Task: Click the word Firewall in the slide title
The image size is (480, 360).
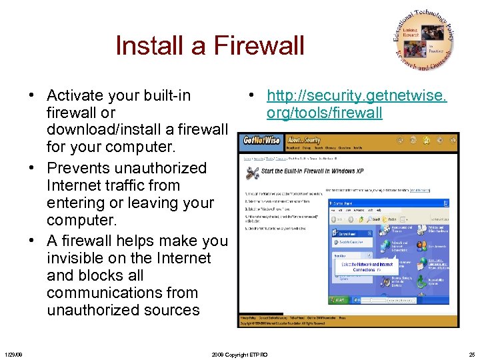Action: [259, 46]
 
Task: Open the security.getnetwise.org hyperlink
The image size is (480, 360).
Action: [357, 105]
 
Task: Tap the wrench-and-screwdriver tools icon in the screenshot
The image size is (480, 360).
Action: [252, 173]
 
